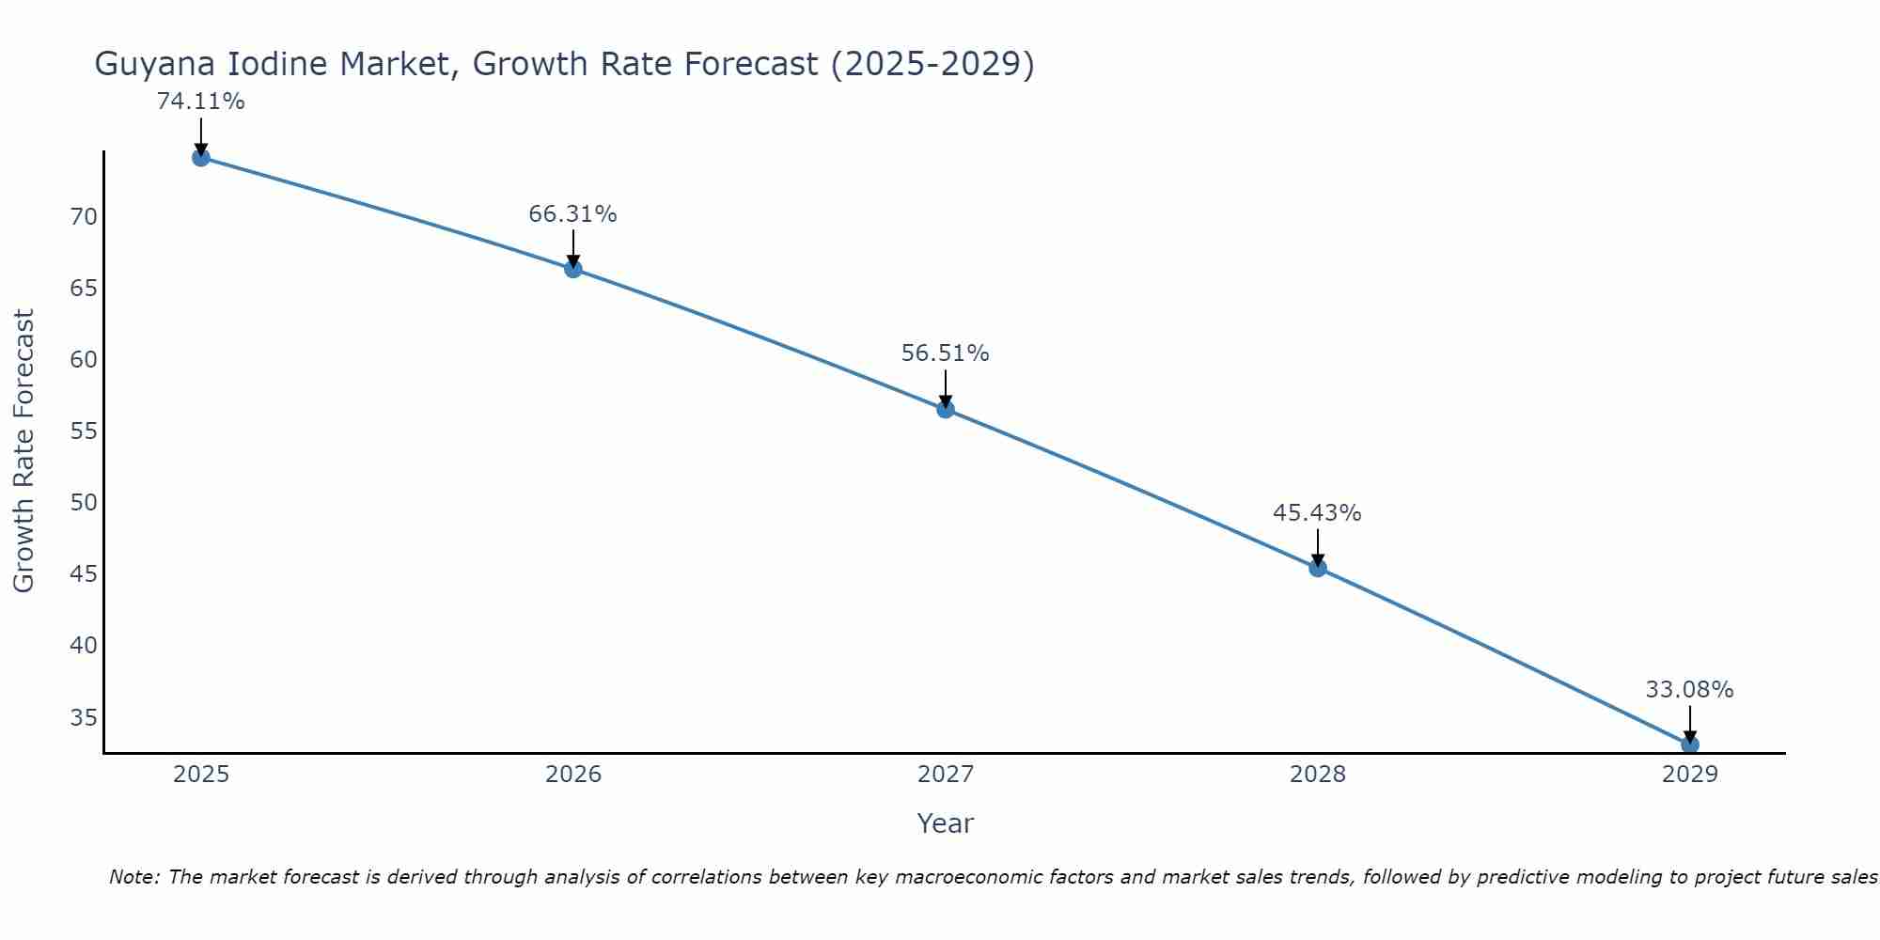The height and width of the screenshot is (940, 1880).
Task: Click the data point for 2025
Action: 200,157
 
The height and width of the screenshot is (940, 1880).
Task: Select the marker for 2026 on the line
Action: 573,269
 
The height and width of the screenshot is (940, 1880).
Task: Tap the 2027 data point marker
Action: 946,409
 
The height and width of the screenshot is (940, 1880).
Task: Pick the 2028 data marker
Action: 1318,568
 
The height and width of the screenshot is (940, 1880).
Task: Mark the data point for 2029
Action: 1689,744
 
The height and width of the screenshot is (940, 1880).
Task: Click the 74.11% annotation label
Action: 200,102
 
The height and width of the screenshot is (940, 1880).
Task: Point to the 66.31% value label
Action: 572,214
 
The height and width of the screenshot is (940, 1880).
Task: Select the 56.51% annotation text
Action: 945,353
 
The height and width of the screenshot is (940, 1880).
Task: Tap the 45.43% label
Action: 1317,513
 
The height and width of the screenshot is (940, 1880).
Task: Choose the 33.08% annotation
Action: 1689,690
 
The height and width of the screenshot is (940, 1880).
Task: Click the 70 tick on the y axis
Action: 84,217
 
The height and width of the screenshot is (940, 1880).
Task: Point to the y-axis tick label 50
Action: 84,503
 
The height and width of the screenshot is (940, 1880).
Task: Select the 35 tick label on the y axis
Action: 84,718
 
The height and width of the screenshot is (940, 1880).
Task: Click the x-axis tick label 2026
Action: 573,775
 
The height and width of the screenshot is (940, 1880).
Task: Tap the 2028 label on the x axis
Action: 1318,775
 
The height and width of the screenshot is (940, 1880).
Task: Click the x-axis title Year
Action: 945,823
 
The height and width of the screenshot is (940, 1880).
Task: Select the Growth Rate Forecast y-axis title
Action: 24,451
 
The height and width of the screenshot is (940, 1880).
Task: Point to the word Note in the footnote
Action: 133,877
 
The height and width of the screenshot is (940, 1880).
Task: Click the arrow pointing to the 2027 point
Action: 946,388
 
